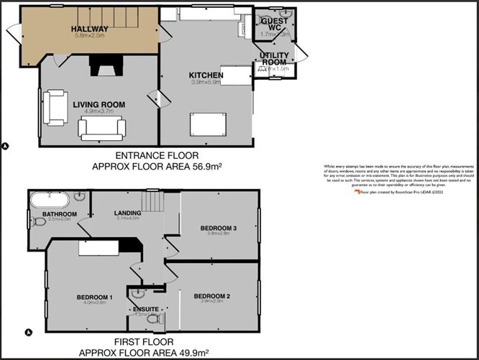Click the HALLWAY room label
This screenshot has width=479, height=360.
click(88, 29)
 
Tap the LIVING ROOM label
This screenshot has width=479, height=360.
click(99, 105)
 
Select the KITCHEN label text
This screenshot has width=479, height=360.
click(205, 75)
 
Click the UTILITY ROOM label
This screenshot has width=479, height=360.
click(274, 59)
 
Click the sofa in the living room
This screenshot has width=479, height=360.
click(102, 129)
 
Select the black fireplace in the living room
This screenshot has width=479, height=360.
click(100, 65)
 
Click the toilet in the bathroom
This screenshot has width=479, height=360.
click(39, 222)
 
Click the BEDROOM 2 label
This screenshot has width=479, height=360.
click(211, 296)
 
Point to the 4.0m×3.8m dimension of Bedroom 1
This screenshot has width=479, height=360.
click(93, 303)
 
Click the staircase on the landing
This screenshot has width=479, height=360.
click(152, 201)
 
